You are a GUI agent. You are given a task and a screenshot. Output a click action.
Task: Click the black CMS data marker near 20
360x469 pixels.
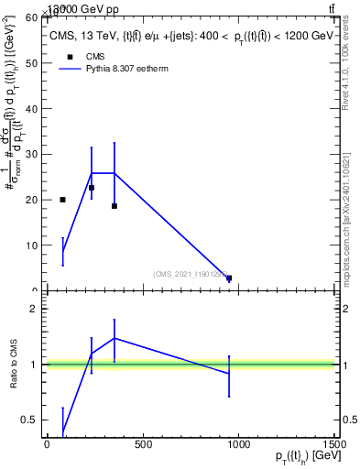coord(62,200)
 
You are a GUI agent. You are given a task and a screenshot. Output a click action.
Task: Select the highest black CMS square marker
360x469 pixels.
coord(92,188)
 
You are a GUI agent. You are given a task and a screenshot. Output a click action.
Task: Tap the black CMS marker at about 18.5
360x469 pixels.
coord(114,206)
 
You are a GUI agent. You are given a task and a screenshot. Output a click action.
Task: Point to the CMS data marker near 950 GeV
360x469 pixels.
coord(229,278)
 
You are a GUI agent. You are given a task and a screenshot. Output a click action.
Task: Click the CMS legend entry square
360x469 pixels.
coord(69,56)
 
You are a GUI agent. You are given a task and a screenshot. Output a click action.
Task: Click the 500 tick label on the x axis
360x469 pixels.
coord(142,445)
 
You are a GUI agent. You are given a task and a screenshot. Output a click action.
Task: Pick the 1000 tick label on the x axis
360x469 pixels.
coord(237,445)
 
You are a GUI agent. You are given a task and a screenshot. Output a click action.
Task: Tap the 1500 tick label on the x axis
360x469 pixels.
coord(333,445)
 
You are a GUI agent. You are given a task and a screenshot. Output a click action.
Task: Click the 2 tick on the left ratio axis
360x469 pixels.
coord(38,309)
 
